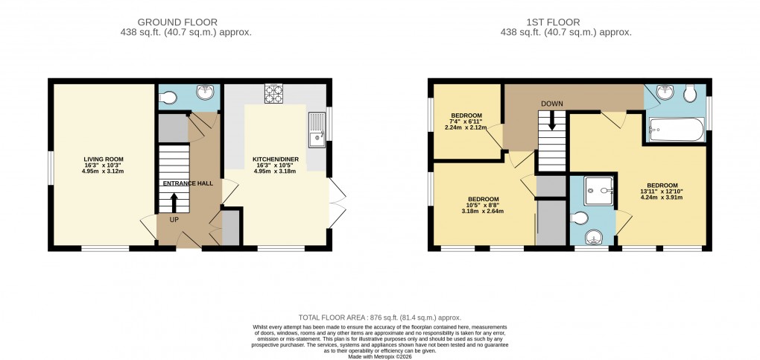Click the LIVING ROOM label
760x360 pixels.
point(104,159)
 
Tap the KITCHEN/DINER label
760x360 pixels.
point(275,159)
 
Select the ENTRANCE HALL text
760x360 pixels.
point(190,183)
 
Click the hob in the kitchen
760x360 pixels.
point(273,95)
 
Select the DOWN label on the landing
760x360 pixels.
point(552,103)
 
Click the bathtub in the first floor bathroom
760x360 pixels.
point(676,130)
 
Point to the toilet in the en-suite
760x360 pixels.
point(581,218)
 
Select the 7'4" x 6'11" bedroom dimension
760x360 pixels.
point(466,121)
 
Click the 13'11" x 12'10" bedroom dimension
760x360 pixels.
point(662,192)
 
